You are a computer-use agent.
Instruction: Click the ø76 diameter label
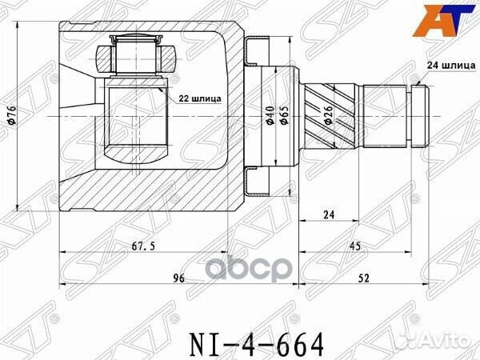click(10, 117)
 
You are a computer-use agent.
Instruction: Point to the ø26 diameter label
click(329, 116)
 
